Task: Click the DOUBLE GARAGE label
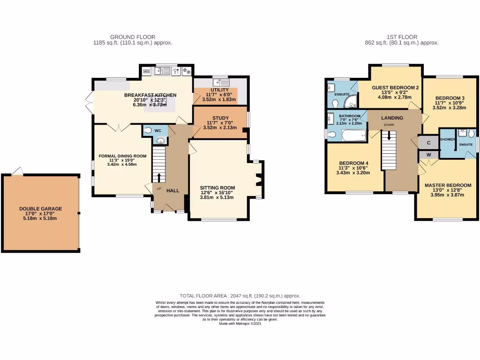point(40,209)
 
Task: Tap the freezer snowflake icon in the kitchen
point(186,71)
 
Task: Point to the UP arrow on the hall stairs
point(158,177)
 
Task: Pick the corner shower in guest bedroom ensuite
point(350,103)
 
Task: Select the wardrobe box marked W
point(428,155)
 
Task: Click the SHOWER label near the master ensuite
point(448,139)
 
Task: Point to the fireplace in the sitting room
point(258,180)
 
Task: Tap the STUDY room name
point(220,118)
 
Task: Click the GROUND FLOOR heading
point(133,37)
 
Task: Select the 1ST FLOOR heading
point(402,37)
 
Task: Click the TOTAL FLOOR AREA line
point(240,296)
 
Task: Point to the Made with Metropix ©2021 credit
point(240,323)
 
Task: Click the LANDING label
point(392,118)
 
